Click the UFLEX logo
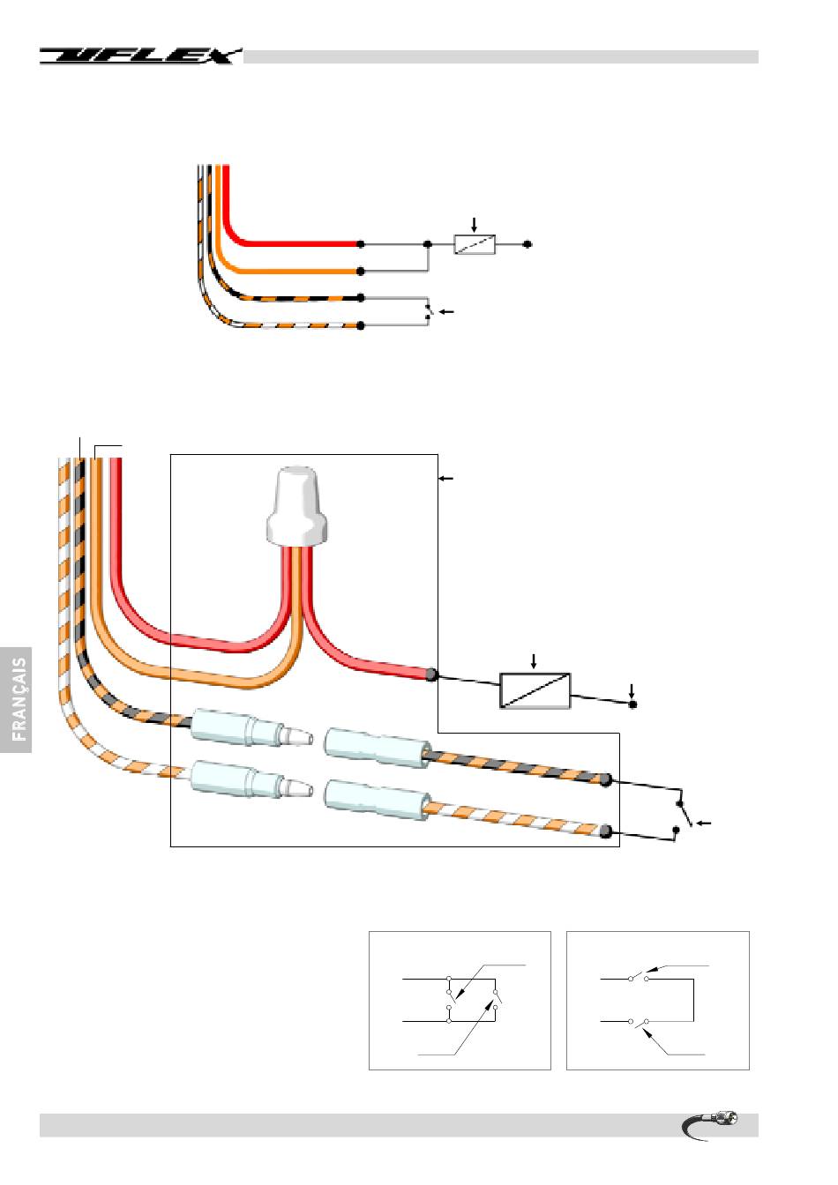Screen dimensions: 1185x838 coord(139,56)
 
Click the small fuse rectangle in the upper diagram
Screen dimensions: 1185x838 coord(475,244)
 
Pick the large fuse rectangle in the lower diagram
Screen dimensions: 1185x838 coord(535,690)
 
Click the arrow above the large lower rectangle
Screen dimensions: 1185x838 coord(534,660)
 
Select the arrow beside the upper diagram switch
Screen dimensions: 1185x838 coord(446,312)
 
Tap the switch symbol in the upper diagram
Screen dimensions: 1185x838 coord(429,311)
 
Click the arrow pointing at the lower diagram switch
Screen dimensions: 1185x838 coord(703,824)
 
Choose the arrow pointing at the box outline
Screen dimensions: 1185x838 coord(446,478)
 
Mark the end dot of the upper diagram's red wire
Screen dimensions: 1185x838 coord(361,243)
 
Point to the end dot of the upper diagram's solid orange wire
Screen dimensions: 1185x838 coord(361,272)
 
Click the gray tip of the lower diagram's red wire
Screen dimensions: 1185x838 coord(431,675)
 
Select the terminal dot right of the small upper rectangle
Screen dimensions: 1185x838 coord(527,244)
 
